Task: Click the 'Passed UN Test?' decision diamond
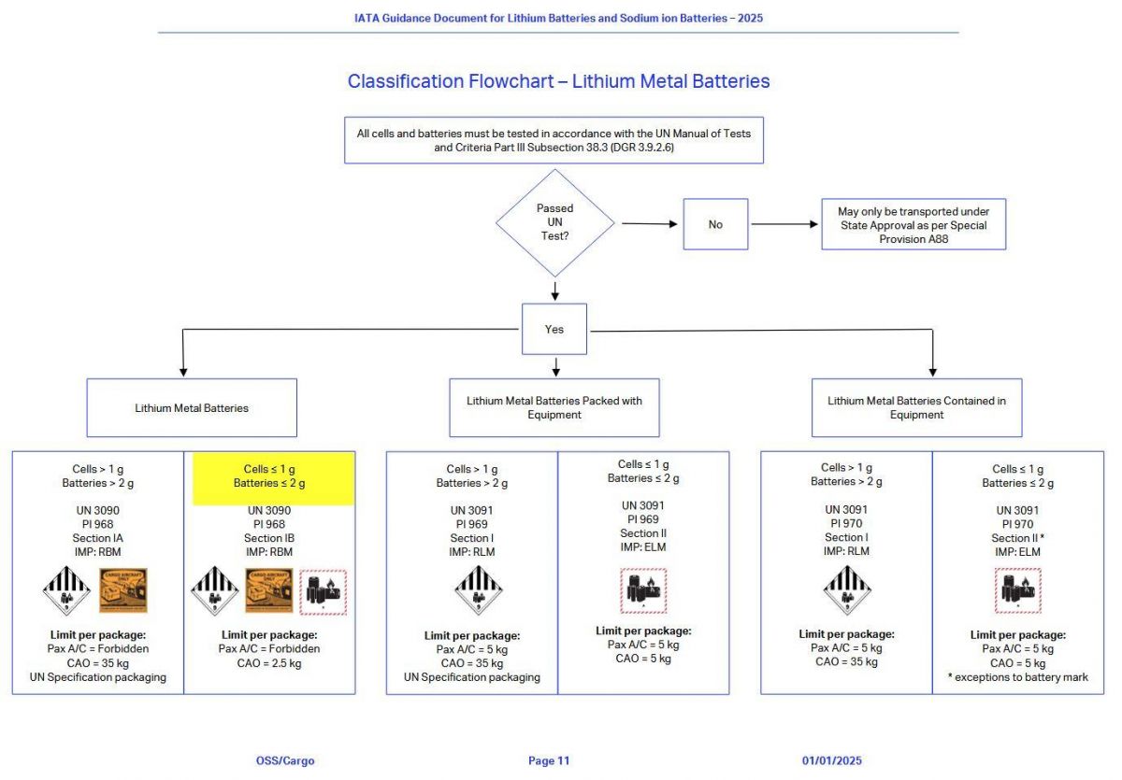coord(554,223)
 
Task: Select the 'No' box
coord(715,224)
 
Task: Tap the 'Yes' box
coord(554,329)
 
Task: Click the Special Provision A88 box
coord(913,224)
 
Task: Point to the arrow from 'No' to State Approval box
coord(785,224)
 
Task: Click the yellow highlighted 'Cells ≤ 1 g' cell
coord(273,476)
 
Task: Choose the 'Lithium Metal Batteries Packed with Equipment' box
coord(554,407)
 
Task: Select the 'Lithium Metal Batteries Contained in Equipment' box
coord(916,407)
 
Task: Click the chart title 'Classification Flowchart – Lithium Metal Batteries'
coord(558,81)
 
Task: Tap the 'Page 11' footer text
coord(548,760)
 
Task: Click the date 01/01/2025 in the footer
coord(831,760)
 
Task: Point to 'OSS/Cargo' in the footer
coord(285,760)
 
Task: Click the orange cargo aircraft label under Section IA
coord(123,590)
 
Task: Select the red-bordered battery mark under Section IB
coord(324,591)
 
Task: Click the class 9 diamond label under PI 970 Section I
coord(845,590)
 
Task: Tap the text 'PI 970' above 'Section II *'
coord(1017,524)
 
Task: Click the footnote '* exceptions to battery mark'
coord(1017,676)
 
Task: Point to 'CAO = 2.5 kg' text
coord(269,662)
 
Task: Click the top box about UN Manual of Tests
coord(554,140)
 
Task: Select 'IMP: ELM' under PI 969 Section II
coord(643,547)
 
